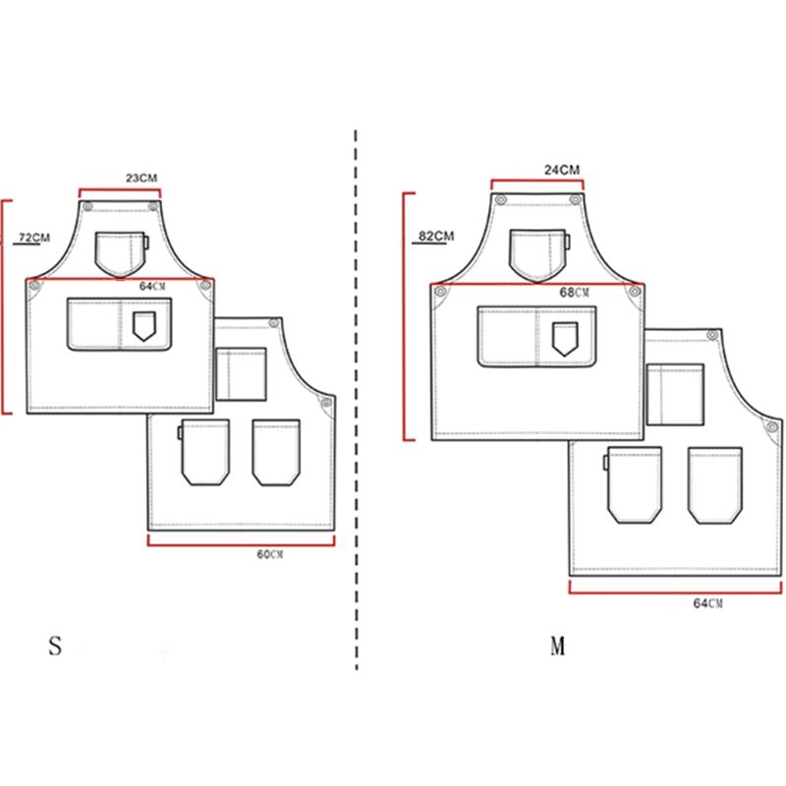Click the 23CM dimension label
tap(141, 178)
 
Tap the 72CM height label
tap(34, 237)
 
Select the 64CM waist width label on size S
tap(152, 286)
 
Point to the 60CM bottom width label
tap(270, 554)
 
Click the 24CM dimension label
tap(562, 170)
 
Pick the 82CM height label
tap(436, 236)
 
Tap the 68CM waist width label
tap(575, 292)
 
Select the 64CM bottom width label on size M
tap(708, 603)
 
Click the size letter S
tap(55, 646)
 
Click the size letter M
tap(558, 646)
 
